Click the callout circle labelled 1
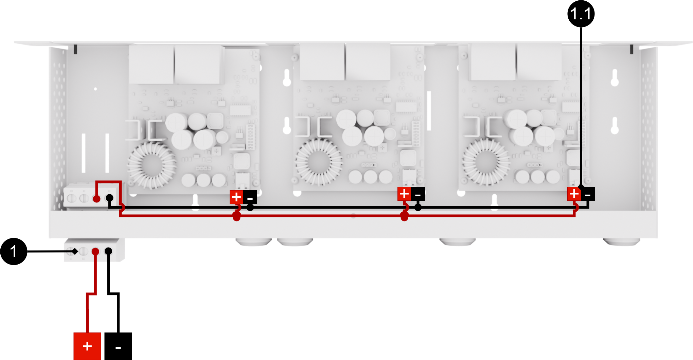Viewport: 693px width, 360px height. pyautogui.click(x=14, y=251)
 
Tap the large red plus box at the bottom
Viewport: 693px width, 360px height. pyautogui.click(x=87, y=346)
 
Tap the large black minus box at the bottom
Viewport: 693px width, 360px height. pyautogui.click(x=118, y=346)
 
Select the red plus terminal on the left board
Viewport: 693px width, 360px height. pyautogui.click(x=236, y=197)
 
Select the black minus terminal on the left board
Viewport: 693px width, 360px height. pyautogui.click(x=250, y=197)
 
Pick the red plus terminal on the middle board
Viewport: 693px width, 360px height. pyautogui.click(x=404, y=194)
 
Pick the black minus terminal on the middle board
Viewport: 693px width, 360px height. pyautogui.click(x=418, y=194)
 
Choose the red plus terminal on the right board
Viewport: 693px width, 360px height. pyautogui.click(x=574, y=194)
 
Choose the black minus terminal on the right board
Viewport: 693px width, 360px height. pyautogui.click(x=588, y=194)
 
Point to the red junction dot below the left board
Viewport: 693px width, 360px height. pyautogui.click(x=237, y=216)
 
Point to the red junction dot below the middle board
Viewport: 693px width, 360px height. pyautogui.click(x=404, y=216)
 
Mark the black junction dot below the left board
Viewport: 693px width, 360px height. pyautogui.click(x=250, y=207)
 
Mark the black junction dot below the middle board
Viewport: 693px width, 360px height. pyautogui.click(x=418, y=207)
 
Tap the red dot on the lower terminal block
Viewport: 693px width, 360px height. pyautogui.click(x=95, y=252)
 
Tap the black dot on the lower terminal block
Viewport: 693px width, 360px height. pyautogui.click(x=108, y=251)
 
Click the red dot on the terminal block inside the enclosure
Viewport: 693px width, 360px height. pyautogui.click(x=96, y=199)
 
